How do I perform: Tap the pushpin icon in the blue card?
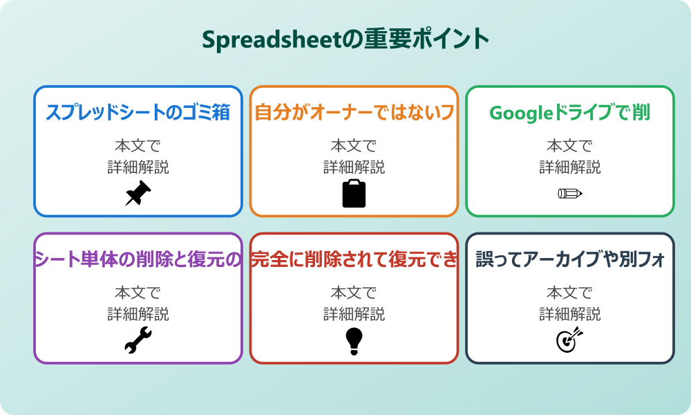[x=138, y=194]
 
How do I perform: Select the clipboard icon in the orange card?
[x=354, y=194]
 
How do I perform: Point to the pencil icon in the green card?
[x=569, y=194]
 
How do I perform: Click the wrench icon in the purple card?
[x=138, y=341]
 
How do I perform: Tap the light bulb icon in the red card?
[x=354, y=341]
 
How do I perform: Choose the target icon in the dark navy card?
[x=569, y=341]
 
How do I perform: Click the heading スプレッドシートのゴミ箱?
[x=138, y=113]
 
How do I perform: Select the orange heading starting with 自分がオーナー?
[x=354, y=113]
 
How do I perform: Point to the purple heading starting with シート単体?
[x=138, y=260]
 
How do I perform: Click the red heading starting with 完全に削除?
[x=354, y=260]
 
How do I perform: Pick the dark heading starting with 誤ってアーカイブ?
[x=569, y=260]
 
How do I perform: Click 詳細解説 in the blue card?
[x=138, y=167]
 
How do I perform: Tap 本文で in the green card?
[x=569, y=146]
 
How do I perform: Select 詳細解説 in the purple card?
[x=138, y=314]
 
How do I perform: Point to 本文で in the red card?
[x=354, y=293]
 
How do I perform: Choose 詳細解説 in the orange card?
[x=354, y=167]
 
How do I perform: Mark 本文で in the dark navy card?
[x=569, y=293]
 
